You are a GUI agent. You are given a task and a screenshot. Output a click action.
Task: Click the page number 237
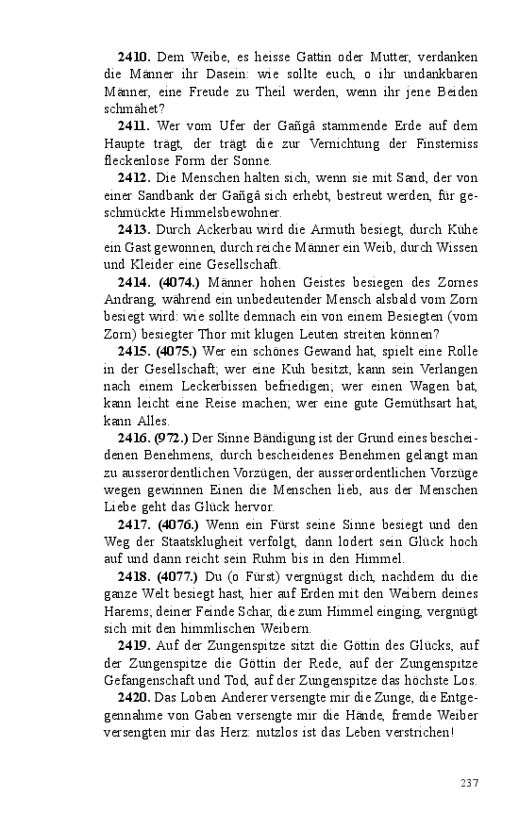469,781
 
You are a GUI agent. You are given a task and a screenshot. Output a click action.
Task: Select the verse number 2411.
133,126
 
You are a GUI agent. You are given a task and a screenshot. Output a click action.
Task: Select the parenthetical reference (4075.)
177,350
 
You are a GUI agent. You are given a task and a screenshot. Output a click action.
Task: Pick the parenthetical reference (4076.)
177,523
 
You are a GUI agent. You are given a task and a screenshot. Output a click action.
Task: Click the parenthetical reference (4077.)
177,576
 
